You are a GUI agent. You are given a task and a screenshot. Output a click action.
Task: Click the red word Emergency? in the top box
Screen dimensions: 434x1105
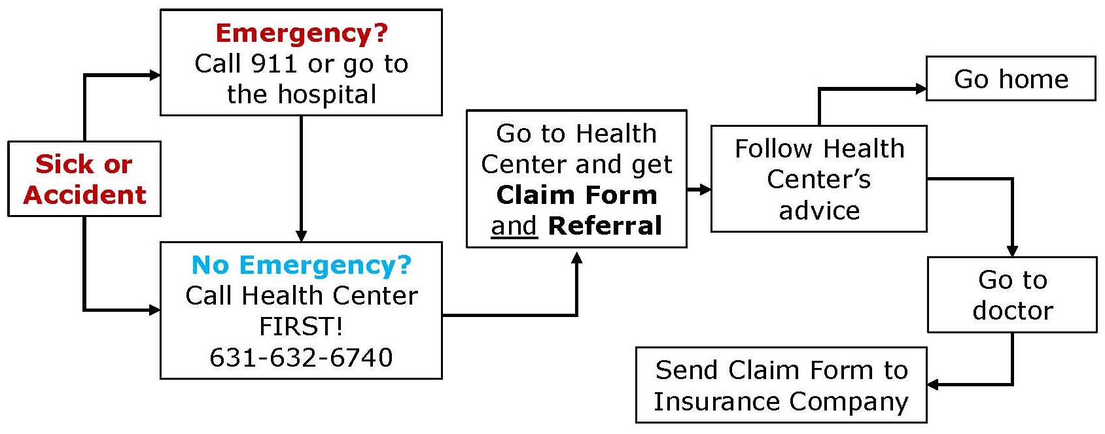pos(302,33)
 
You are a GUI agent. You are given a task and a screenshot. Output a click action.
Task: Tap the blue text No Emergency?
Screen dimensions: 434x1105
pos(302,265)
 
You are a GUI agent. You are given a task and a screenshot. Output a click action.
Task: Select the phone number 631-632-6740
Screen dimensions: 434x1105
pos(302,358)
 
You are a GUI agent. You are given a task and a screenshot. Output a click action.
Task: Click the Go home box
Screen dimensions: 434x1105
pos(1011,79)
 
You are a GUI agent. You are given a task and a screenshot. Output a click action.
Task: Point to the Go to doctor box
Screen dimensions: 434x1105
pos(1012,295)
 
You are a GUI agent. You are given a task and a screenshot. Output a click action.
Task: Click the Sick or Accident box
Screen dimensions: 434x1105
pos(84,179)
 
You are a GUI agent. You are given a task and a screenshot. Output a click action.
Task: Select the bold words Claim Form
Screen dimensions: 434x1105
pos(576,195)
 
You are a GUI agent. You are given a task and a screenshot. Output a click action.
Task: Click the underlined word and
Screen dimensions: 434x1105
pos(514,226)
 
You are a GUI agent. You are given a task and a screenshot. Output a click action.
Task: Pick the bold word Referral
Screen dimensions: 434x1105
pos(605,226)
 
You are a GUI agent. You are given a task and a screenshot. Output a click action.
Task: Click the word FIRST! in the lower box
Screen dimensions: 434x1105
pos(302,326)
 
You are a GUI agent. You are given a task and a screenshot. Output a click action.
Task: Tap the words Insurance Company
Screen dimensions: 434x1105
pos(781,401)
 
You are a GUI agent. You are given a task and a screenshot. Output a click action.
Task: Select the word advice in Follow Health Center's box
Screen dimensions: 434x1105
pos(819,210)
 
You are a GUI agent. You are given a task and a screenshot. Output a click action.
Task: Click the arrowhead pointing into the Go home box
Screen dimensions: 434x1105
pos(921,89)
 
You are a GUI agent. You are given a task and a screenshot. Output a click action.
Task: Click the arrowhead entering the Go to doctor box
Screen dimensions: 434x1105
pos(1012,251)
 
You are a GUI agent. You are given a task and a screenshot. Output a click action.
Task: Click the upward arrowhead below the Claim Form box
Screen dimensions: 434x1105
pos(576,258)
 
